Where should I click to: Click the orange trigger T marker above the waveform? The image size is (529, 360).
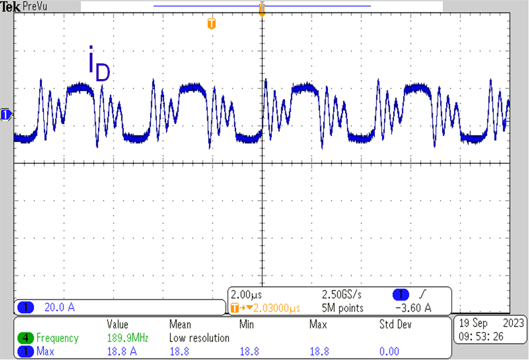click(x=211, y=24)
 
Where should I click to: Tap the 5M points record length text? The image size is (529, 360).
click(x=342, y=308)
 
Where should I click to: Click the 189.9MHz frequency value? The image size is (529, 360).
click(x=127, y=338)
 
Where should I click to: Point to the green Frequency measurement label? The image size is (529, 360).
click(x=57, y=338)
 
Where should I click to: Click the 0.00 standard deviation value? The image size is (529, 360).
click(x=389, y=352)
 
